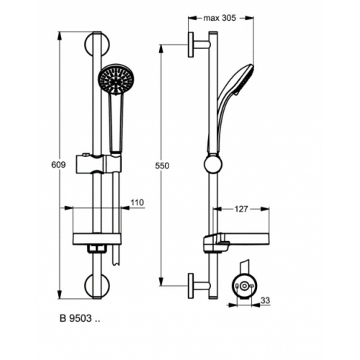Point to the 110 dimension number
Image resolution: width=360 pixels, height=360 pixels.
click(137, 202)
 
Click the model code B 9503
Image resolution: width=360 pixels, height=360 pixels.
click(78, 318)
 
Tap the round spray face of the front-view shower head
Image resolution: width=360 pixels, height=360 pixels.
click(114, 79)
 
